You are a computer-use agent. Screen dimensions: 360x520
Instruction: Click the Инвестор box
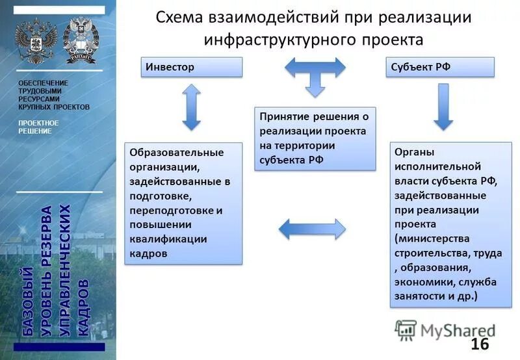pos(192,68)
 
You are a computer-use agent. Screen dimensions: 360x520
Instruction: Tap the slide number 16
pos(479,344)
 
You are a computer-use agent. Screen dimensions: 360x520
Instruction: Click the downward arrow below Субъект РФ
pos(443,107)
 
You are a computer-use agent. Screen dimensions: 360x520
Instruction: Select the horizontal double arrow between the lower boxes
pos(312,228)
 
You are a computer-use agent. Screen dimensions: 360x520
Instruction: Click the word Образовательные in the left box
pos(176,152)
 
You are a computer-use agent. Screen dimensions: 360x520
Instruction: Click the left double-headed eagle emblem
pos(36,41)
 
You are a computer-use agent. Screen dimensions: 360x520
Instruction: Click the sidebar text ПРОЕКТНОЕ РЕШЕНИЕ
pos(38,127)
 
